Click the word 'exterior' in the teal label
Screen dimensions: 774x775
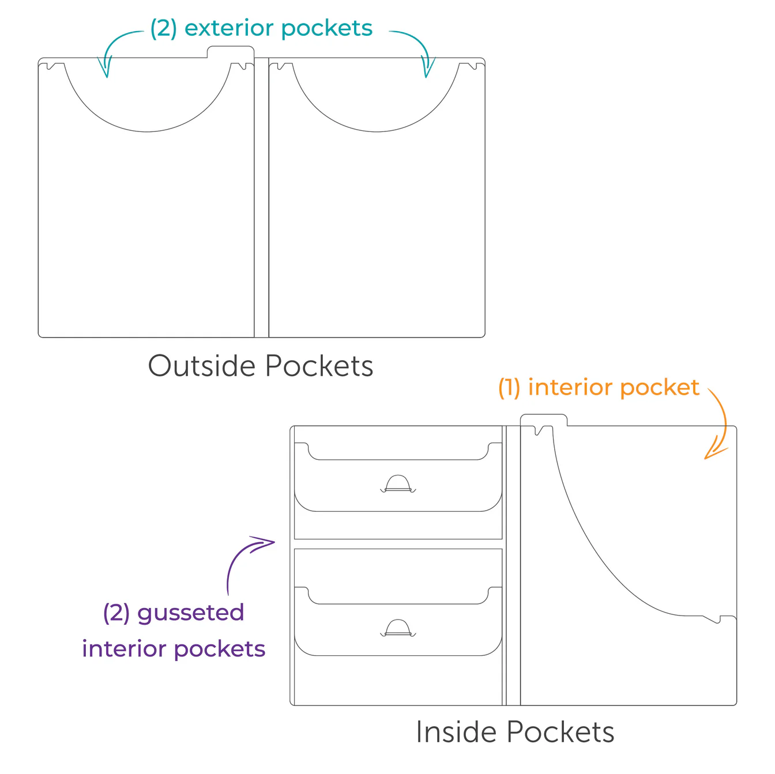[x=230, y=28]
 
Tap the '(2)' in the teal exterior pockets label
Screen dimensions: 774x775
[x=163, y=28]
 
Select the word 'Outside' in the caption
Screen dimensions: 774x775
[x=201, y=366]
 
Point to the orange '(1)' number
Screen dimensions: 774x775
[x=509, y=387]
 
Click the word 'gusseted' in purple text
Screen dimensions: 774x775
[x=190, y=613]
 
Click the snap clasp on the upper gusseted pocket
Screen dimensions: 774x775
[x=398, y=484]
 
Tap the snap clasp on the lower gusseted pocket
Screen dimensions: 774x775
[x=398, y=628]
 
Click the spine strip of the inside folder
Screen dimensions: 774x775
[x=513, y=565]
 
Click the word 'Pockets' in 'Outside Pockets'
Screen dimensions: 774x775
[x=319, y=366]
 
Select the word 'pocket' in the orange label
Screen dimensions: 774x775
[x=660, y=387]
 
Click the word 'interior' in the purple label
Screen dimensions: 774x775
[x=124, y=649]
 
